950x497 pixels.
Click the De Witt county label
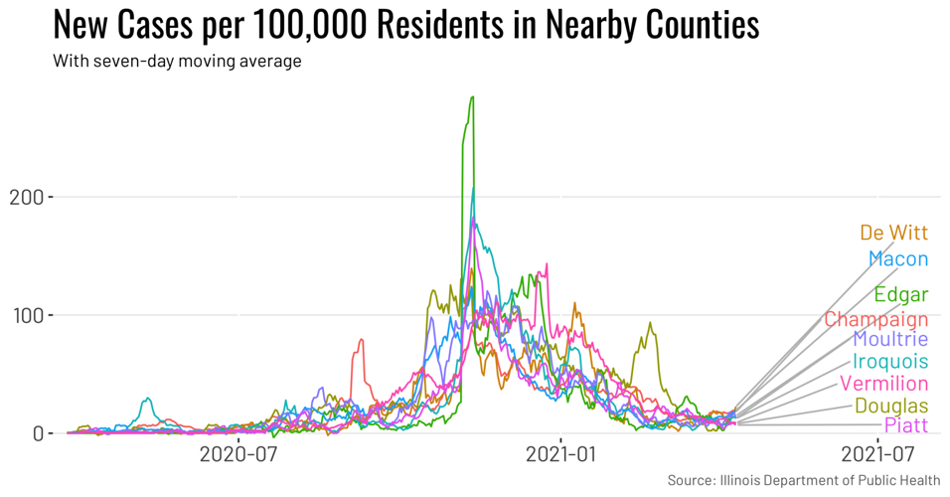(893, 234)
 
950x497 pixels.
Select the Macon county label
(897, 259)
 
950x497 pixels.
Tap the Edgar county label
(900, 294)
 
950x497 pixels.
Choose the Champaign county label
(875, 320)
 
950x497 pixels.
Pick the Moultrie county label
(889, 340)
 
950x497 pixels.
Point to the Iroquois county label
(889, 362)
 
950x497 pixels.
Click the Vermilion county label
(883, 384)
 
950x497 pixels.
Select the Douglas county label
(890, 406)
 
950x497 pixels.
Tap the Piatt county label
(905, 425)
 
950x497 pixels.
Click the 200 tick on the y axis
(25, 197)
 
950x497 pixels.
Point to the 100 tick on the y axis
(25, 315)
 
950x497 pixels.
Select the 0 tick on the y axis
(37, 433)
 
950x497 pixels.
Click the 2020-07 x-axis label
(237, 455)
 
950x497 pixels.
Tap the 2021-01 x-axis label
(560, 455)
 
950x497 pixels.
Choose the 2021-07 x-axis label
(878, 455)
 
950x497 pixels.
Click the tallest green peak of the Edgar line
(472, 97)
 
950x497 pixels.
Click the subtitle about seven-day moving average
(177, 62)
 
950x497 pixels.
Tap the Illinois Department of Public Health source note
(803, 481)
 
